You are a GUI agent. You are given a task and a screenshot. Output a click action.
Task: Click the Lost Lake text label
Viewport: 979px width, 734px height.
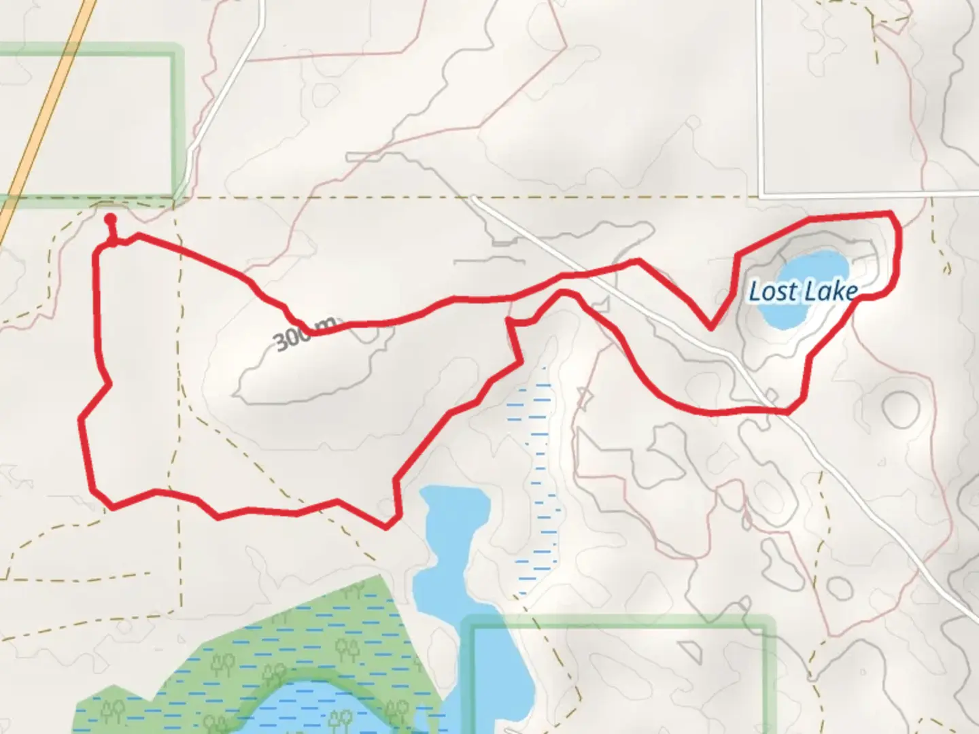click(x=802, y=292)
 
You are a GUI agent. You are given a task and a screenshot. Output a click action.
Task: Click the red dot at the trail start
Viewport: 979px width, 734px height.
click(x=110, y=219)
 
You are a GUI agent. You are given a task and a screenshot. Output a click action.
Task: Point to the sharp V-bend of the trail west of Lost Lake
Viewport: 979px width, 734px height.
click(x=710, y=328)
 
